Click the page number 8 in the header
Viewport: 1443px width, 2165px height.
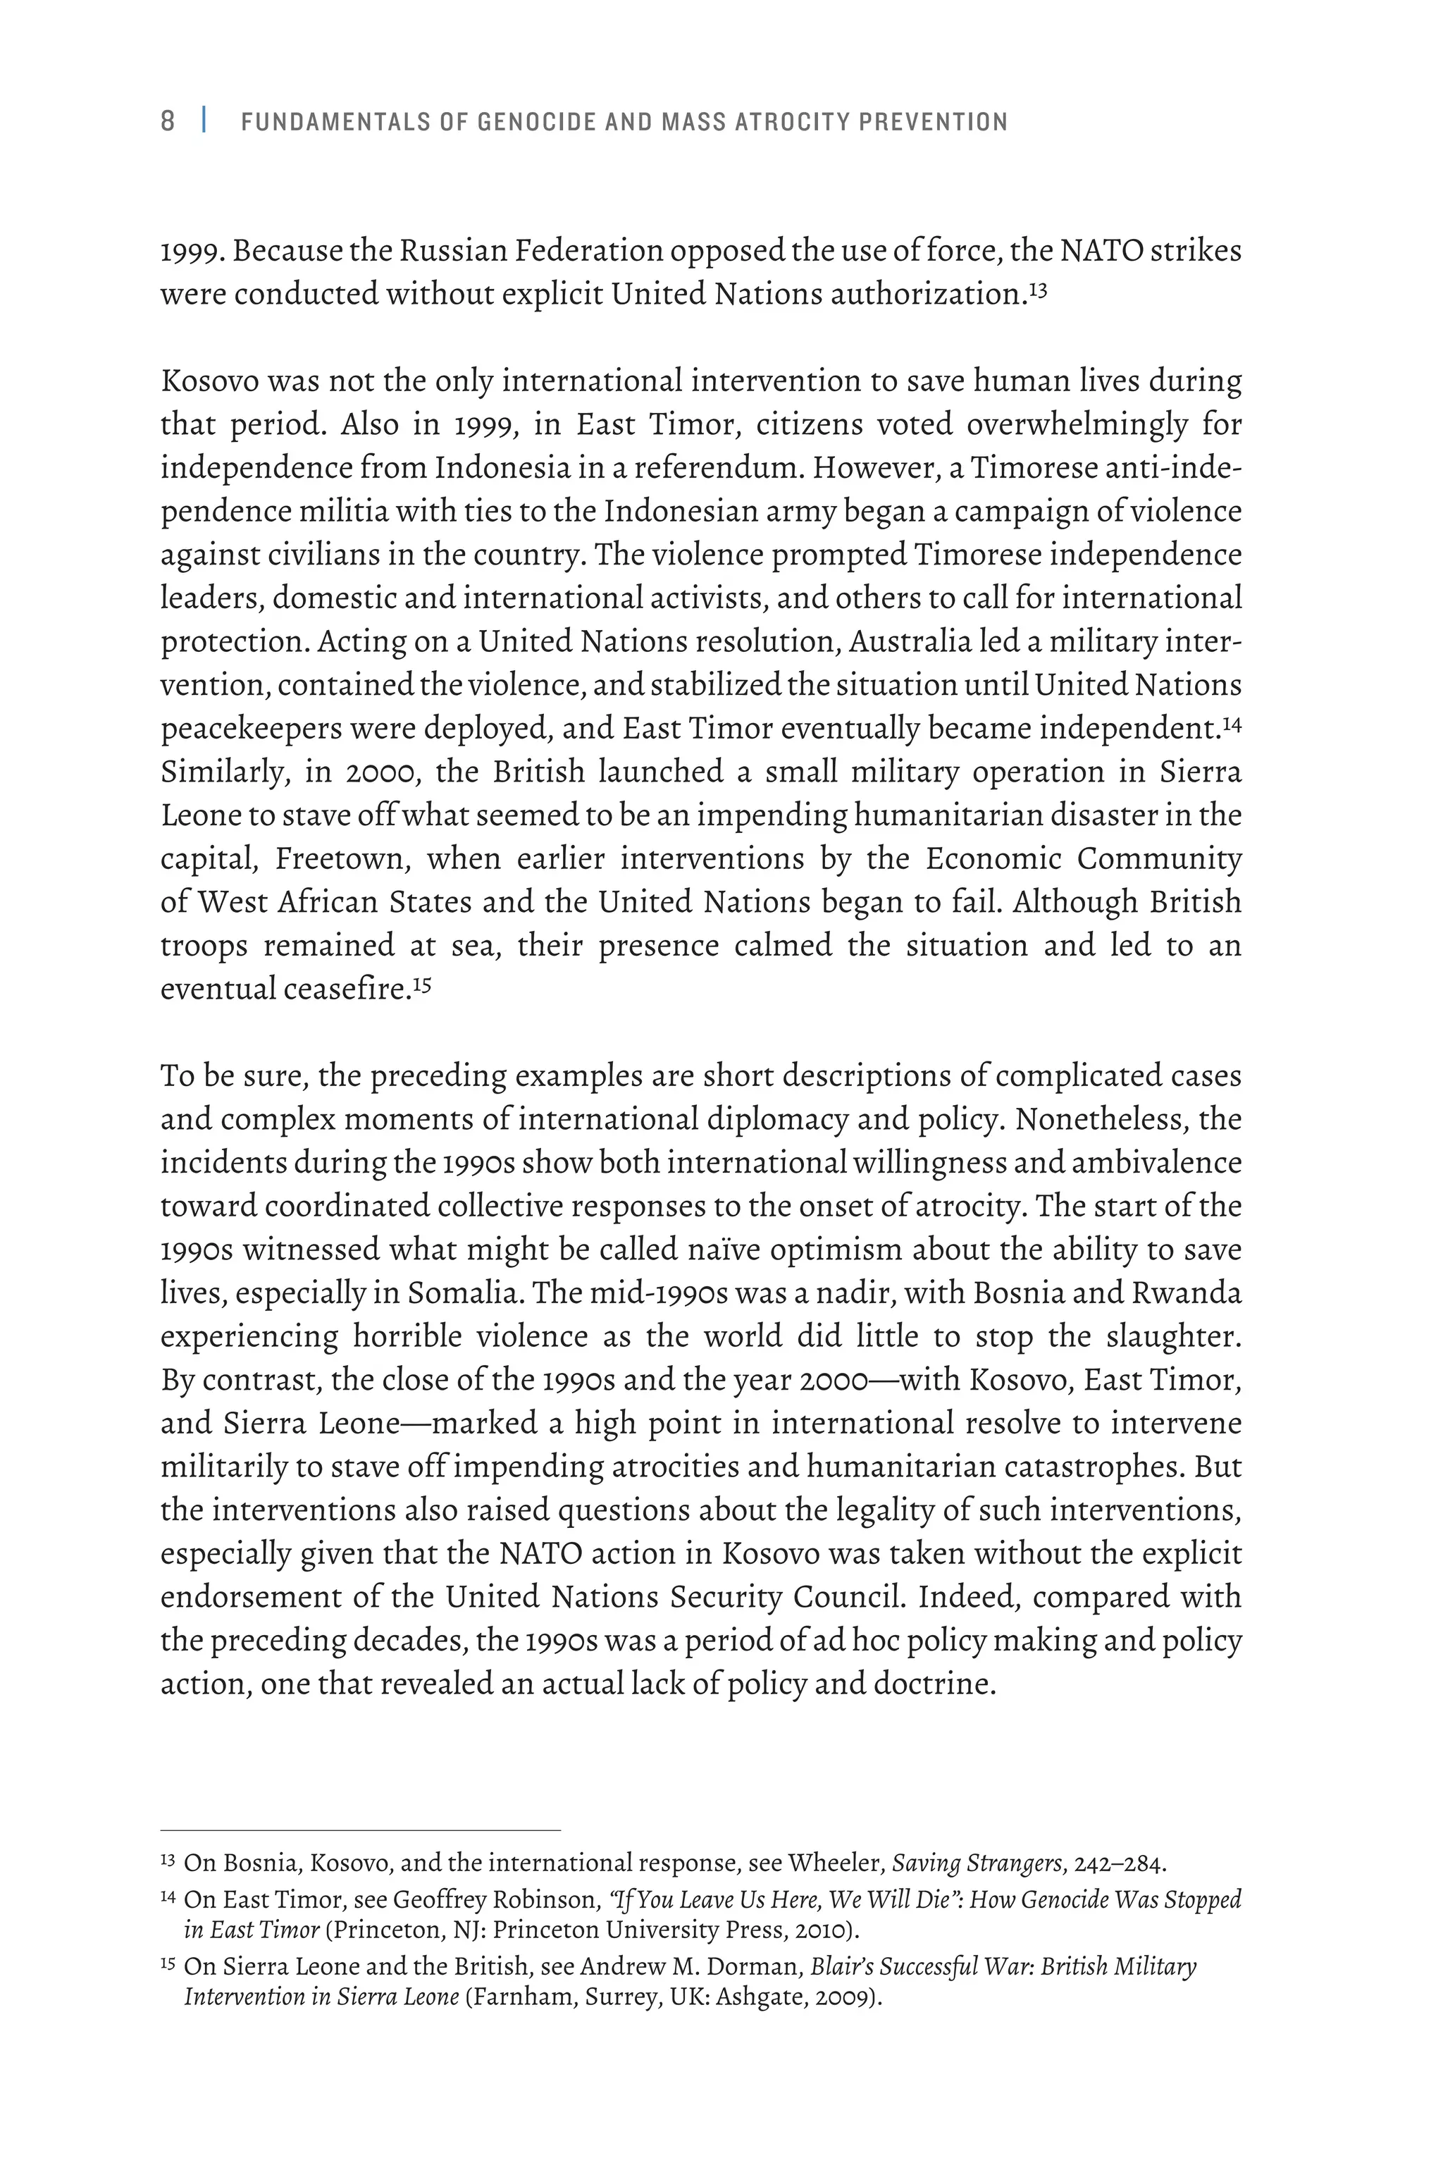click(168, 121)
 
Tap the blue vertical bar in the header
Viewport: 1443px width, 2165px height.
click(204, 121)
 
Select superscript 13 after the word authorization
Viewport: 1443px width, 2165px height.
click(1037, 289)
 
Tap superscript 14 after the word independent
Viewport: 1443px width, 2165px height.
click(1232, 722)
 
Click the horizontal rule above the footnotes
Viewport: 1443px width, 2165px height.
click(360, 1831)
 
